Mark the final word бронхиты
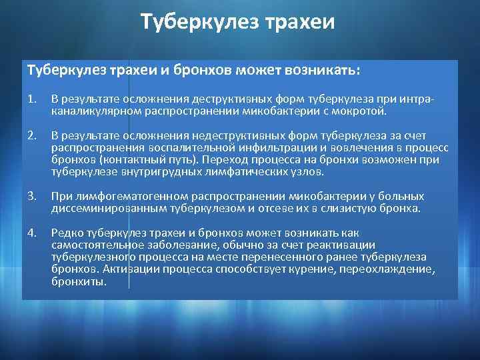click(x=79, y=281)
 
